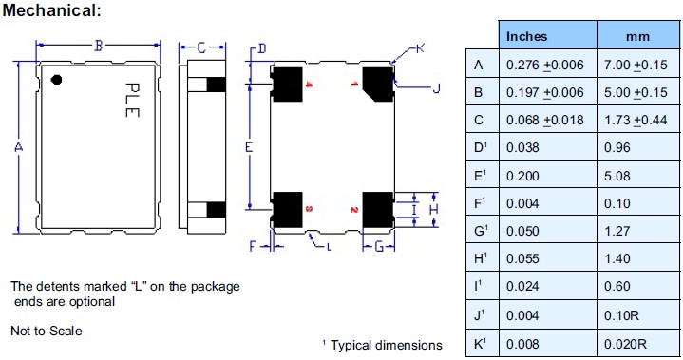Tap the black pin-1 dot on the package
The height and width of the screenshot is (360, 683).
(x=56, y=80)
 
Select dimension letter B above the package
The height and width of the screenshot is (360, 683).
(x=98, y=46)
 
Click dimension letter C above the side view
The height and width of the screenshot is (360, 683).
(x=201, y=46)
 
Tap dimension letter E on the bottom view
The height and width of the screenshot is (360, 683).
(x=248, y=147)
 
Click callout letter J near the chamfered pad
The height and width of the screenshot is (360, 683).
(x=436, y=89)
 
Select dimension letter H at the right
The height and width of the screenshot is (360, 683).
(x=433, y=208)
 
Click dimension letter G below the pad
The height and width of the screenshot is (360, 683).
(x=378, y=247)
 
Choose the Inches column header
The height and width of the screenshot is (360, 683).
(x=527, y=37)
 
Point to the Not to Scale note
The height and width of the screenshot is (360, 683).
(x=46, y=331)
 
